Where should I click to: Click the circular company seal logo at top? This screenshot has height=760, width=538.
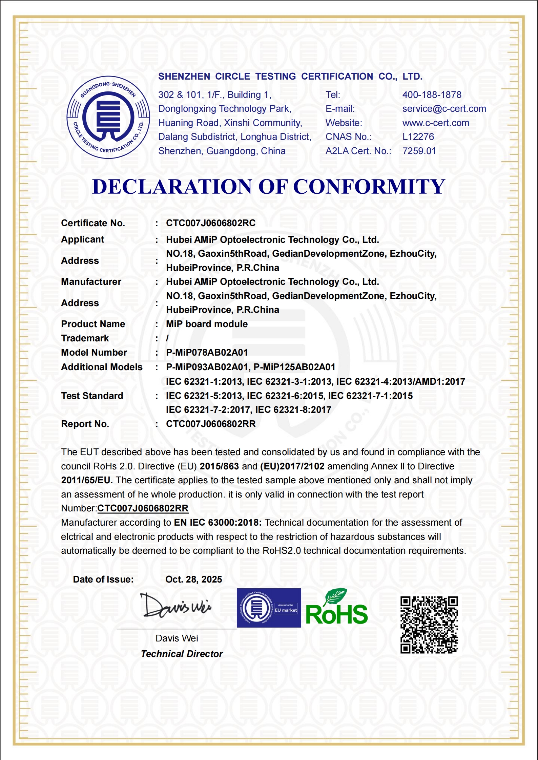[x=108, y=117]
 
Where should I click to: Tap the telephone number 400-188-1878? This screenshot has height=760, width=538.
[x=432, y=95]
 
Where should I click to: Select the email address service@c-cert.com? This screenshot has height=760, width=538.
[x=444, y=109]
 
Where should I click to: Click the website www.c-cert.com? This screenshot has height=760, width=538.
[x=436, y=123]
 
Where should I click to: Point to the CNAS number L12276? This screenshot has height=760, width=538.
[x=418, y=137]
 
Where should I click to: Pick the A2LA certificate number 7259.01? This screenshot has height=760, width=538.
[x=419, y=151]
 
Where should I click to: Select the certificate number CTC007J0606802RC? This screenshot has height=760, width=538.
[x=211, y=223]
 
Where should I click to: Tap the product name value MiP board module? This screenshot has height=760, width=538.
[x=207, y=324]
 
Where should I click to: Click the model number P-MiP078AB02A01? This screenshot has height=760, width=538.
[x=207, y=353]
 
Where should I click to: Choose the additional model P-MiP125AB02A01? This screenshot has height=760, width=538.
[x=294, y=367]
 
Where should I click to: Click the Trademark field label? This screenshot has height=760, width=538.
[x=85, y=338]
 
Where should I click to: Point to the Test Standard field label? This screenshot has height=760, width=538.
[x=92, y=396]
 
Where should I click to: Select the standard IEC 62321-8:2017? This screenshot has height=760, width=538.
[x=293, y=410]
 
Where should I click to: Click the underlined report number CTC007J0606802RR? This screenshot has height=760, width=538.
[x=143, y=508]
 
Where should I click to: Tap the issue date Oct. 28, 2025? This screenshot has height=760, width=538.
[x=193, y=579]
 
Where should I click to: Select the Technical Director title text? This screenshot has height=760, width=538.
[x=182, y=654]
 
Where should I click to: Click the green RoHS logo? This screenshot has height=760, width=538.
[x=336, y=608]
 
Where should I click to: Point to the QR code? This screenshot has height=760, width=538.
[x=429, y=625]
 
